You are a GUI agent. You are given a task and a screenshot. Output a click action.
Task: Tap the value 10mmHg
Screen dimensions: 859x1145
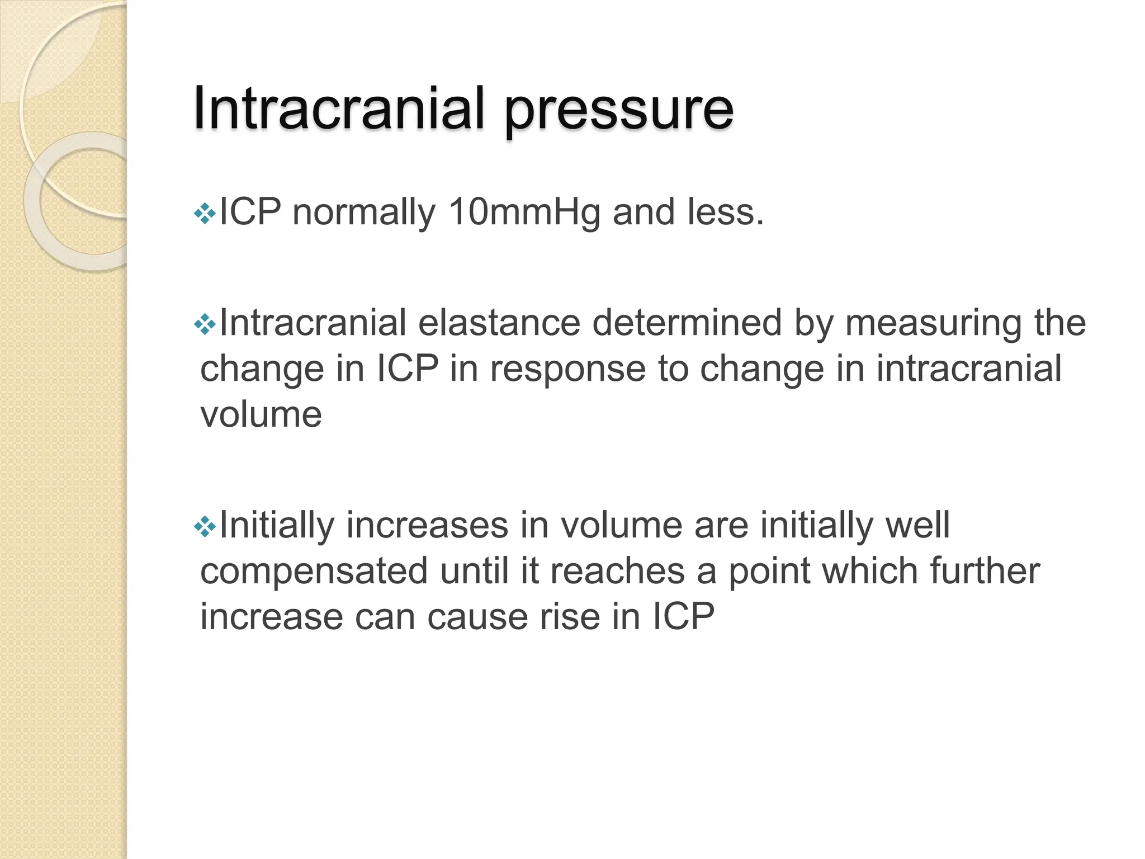[524, 213]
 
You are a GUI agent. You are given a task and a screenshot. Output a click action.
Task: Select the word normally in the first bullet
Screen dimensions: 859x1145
[363, 214]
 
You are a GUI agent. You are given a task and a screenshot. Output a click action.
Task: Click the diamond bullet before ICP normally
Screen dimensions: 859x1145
[205, 214]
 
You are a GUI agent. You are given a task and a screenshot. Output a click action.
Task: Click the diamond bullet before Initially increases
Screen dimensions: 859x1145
[205, 526]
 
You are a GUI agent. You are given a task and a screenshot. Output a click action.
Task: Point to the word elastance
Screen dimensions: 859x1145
[499, 323]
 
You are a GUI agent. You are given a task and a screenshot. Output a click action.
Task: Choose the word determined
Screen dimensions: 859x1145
[687, 323]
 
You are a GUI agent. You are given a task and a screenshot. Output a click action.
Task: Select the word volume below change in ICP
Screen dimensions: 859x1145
[261, 415]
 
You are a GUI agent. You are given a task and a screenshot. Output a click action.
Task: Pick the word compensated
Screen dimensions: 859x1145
[314, 572]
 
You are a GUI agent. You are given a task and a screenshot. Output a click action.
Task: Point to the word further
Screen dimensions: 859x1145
[985, 571]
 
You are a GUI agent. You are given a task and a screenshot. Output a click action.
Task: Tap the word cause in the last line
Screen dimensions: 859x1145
[477, 617]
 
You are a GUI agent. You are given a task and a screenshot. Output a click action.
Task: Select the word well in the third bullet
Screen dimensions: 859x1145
[917, 525]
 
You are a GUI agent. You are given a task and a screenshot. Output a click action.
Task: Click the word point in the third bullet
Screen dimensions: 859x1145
[769, 572]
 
